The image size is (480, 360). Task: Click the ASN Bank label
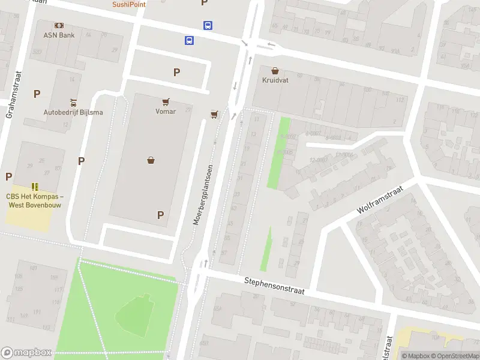tap(59, 35)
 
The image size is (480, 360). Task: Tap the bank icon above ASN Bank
tap(59, 25)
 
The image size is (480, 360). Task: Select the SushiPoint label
tap(129, 4)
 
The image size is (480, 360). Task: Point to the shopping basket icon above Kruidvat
tap(275, 70)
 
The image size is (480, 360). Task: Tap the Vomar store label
tap(166, 111)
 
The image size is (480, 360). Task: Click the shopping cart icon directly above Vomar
tap(166, 102)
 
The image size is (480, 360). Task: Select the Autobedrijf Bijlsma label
tap(73, 112)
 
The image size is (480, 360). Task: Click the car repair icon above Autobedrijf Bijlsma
tap(73, 102)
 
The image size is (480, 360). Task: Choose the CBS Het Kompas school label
tap(35, 200)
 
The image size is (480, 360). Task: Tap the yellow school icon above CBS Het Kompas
tap(35, 187)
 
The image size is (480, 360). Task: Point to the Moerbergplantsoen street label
tap(203, 194)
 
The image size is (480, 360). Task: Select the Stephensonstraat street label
tap(274, 286)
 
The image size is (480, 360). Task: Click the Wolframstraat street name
tap(380, 199)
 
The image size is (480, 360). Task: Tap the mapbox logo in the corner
tap(26, 353)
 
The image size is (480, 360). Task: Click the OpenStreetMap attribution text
tap(454, 356)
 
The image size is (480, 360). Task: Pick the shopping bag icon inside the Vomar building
tap(151, 160)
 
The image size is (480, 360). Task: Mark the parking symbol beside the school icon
tap(8, 176)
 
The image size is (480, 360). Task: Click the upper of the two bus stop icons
tap(208, 25)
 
